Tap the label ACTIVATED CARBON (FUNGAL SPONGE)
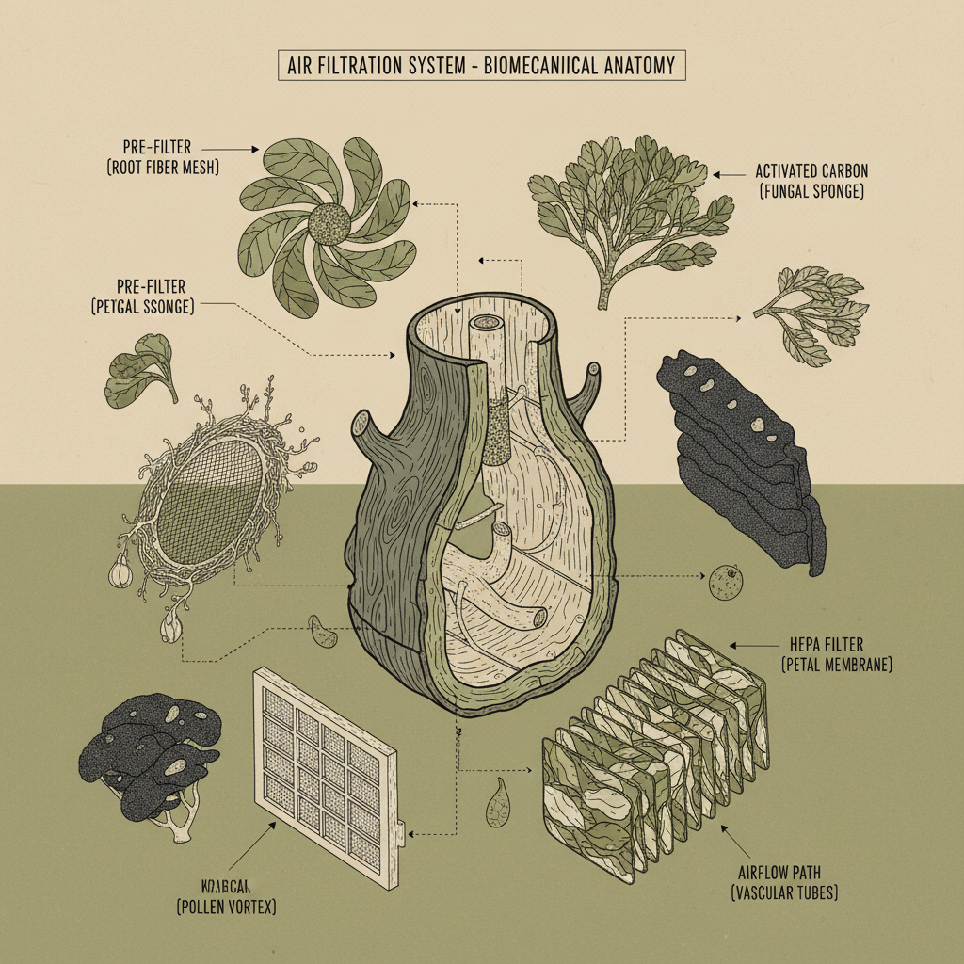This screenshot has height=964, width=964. click(x=811, y=182)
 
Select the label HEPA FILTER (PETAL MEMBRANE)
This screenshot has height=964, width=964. click(x=836, y=655)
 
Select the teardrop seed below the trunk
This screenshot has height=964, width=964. click(x=498, y=804)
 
